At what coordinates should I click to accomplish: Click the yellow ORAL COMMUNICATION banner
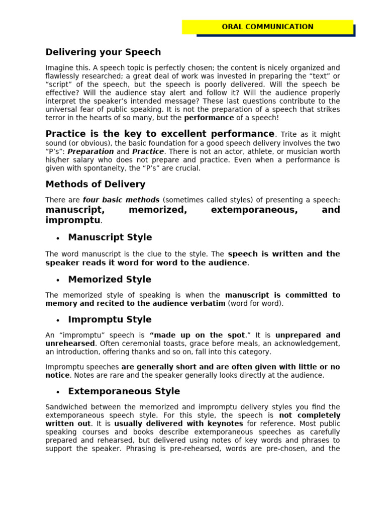(267, 27)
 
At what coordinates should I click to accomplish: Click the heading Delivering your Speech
(103, 52)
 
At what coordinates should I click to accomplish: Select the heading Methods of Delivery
(95, 184)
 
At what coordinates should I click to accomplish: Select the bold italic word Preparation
(91, 151)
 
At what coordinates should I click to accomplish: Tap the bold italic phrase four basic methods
(121, 200)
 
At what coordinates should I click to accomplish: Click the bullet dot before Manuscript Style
(58, 238)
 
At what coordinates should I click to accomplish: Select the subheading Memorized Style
(110, 279)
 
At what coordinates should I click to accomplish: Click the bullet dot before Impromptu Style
(58, 320)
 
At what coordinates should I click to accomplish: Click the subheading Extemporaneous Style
(124, 391)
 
